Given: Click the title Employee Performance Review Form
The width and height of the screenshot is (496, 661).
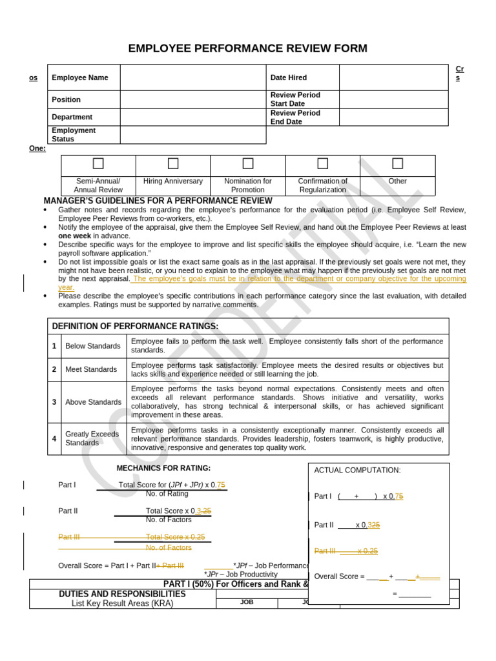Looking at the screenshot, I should (248, 48).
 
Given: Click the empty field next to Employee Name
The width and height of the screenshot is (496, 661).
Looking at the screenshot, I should (192, 77).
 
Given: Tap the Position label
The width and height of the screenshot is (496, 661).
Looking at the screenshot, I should (67, 99).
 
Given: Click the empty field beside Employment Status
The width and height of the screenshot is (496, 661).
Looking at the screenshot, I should (192, 135).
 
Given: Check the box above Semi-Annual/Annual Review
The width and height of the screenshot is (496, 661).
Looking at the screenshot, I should (98, 163).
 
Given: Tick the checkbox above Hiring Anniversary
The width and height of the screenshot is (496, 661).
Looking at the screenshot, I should (173, 163).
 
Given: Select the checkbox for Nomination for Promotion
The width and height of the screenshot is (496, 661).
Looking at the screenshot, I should (248, 163).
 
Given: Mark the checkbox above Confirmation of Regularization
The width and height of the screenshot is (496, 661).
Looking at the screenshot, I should (323, 163).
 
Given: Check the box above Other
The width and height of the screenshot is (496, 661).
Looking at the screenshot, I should (398, 163).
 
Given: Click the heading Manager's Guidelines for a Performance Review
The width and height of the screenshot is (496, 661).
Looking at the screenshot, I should (158, 201).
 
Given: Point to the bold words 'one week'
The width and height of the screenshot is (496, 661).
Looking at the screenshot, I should (74, 236).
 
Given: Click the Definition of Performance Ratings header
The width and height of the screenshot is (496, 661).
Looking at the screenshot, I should (135, 326).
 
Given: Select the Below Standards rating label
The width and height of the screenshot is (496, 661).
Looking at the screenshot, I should (93, 346).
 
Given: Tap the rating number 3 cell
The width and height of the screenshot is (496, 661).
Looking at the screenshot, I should (54, 402).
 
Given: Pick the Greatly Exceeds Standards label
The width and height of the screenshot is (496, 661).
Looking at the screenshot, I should (93, 439).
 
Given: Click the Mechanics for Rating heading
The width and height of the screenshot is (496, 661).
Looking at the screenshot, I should (163, 468).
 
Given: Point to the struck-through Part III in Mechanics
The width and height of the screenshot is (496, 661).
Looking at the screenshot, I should (69, 536).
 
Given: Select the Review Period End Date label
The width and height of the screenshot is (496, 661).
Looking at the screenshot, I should (295, 117).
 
